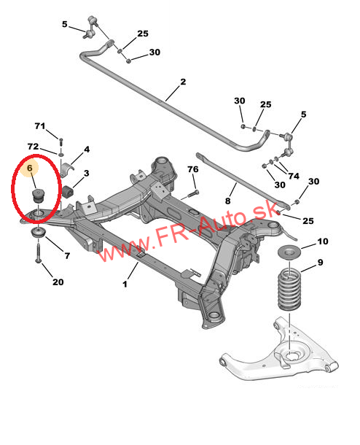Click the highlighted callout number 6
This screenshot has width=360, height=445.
30,169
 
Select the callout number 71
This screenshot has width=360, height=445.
40,125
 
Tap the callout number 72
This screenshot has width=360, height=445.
33,147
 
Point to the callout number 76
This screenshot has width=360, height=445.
193,169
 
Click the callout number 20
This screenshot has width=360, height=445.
58,282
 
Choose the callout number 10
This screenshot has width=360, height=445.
323,241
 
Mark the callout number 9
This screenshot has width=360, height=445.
321,263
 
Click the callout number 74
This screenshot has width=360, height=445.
294,176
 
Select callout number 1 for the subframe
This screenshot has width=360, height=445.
125,284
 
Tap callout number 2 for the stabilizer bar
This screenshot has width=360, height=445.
183,82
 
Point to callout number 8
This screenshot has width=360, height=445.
227,201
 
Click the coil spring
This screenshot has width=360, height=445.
289,290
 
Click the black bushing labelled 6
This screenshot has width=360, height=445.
38,196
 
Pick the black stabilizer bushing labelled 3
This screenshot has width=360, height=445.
68,191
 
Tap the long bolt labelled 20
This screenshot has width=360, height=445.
39,251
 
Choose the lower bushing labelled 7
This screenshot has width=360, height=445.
39,233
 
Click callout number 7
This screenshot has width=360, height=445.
67,256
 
